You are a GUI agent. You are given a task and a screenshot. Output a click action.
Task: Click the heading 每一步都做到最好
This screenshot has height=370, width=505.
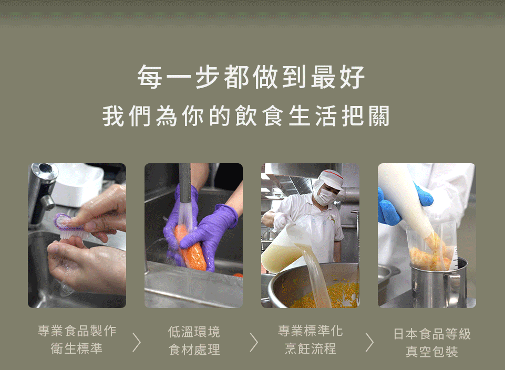(251, 77)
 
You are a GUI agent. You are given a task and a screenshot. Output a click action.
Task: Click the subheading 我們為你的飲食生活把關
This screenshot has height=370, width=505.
(246, 117)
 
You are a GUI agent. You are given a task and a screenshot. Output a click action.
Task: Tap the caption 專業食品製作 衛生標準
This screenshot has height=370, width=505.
(77, 340)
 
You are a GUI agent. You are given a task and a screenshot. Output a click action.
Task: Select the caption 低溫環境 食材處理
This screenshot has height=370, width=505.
(194, 341)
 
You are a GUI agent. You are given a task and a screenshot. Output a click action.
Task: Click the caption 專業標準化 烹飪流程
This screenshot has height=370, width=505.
(310, 340)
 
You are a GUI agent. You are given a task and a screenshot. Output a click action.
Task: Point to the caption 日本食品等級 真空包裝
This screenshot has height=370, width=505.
(432, 342)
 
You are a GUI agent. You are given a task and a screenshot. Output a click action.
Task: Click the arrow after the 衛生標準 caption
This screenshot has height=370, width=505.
(137, 342)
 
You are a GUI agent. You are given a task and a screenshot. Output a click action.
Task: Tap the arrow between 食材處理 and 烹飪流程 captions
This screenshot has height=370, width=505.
(254, 342)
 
